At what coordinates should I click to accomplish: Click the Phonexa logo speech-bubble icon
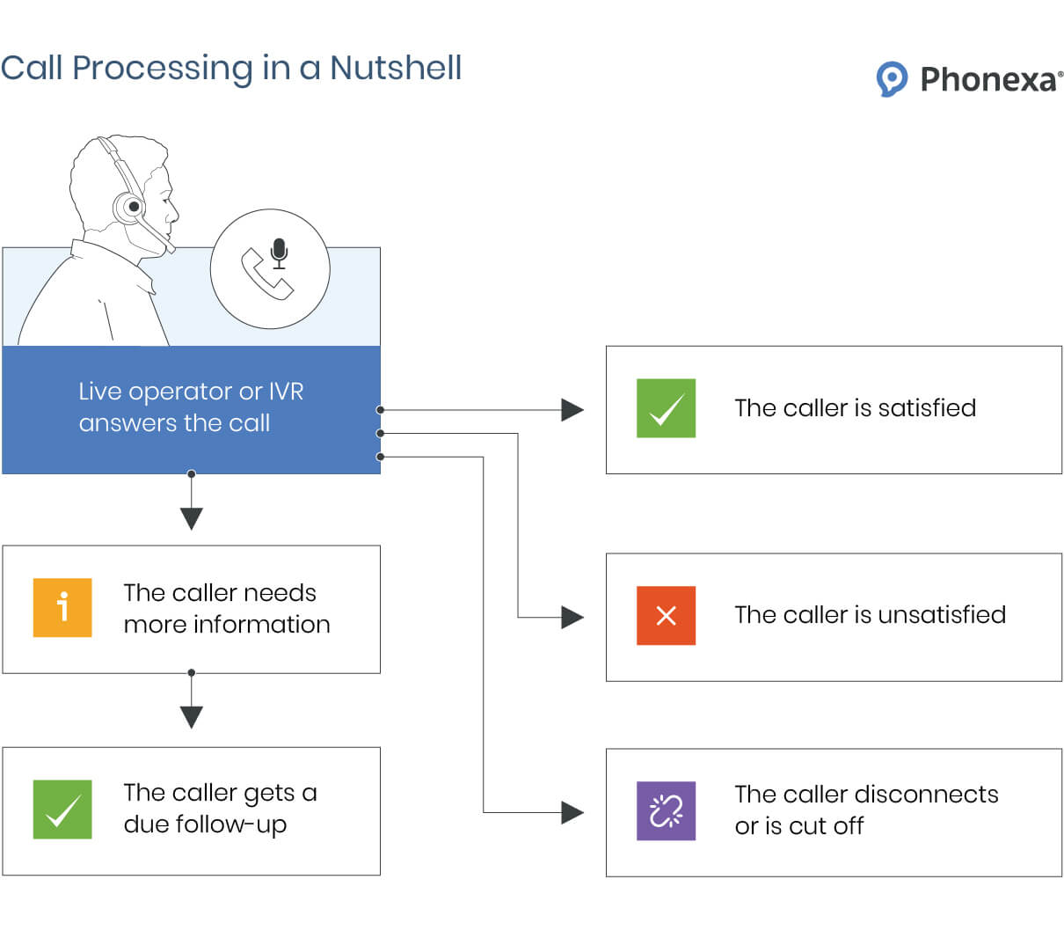click(892, 79)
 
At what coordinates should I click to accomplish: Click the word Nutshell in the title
click(396, 68)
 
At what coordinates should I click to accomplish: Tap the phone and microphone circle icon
click(270, 269)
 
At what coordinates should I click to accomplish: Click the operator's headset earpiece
click(132, 208)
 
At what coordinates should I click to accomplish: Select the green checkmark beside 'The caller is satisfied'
click(666, 408)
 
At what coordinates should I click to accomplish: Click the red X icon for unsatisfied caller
click(666, 616)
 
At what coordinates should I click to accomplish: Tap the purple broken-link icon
click(666, 810)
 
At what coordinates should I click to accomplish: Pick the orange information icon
click(62, 607)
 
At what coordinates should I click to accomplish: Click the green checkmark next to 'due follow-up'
click(62, 810)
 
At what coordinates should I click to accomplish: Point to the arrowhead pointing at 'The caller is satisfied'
click(572, 410)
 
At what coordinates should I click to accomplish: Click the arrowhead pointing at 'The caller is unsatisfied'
click(572, 617)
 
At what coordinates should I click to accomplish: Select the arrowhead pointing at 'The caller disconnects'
click(572, 812)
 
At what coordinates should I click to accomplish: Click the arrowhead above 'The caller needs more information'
click(192, 518)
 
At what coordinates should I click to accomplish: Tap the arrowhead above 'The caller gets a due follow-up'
click(192, 716)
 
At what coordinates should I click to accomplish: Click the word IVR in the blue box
click(286, 392)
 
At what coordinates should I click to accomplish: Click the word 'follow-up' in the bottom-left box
click(231, 825)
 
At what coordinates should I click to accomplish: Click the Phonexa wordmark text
click(988, 80)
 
